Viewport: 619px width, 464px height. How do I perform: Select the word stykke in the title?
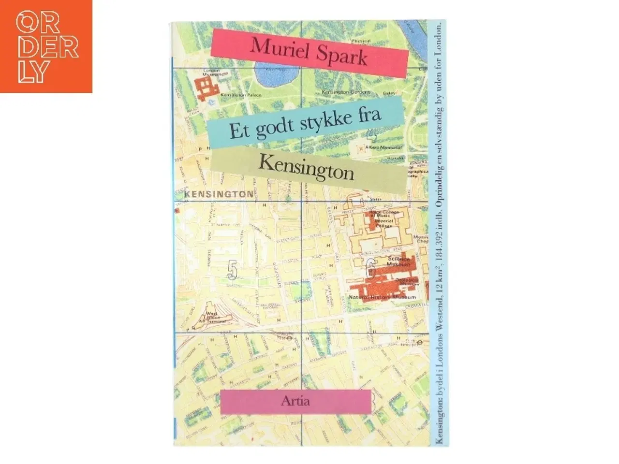[321, 122]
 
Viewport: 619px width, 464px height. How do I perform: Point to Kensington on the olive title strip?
[306, 166]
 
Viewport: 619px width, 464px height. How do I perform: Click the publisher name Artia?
[295, 401]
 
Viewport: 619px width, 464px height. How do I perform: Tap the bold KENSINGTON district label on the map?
[219, 194]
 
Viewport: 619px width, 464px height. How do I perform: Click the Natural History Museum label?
[385, 297]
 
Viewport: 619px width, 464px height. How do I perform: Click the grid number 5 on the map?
[232, 271]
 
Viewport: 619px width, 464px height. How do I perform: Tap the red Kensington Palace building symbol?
[207, 87]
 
